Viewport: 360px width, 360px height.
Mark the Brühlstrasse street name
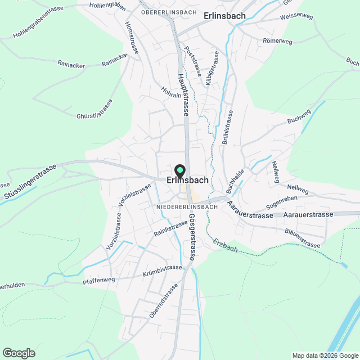[228, 127]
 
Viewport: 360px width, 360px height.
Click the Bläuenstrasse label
[302, 237]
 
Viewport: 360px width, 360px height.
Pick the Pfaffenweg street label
[98, 280]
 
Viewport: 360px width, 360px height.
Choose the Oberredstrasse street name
[164, 300]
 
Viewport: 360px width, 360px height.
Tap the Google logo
[19, 353]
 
